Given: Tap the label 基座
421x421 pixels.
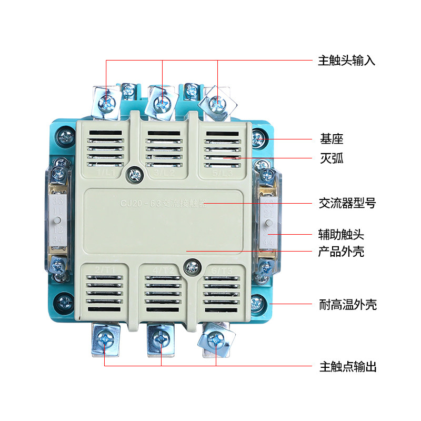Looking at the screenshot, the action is coord(332,139).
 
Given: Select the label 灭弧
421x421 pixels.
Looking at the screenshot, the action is coord(332,158).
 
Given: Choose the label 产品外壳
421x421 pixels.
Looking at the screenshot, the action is coord(342,252).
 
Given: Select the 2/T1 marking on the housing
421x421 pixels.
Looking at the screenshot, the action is coord(106,270).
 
